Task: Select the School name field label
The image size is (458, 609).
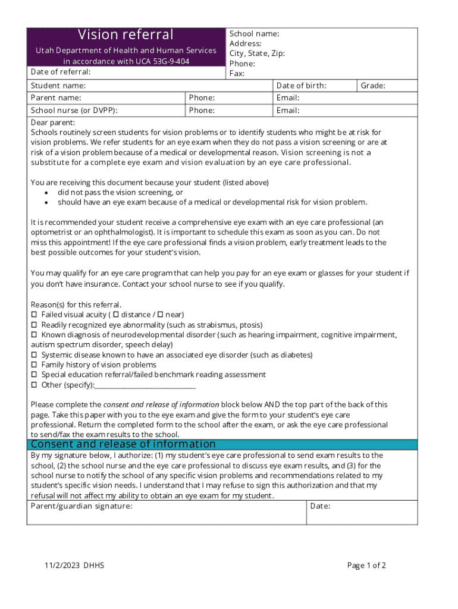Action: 254,34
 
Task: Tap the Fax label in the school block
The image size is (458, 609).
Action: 237,74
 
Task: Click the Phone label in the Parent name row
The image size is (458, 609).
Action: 202,98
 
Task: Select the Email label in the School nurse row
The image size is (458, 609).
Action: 288,111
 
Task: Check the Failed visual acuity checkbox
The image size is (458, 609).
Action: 34,314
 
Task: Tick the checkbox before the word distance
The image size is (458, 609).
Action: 116,314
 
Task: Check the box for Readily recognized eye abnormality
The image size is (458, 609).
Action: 34,325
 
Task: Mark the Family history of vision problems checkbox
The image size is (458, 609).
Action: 34,365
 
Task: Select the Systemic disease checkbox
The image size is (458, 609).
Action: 34,354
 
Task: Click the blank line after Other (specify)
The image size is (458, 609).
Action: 145,385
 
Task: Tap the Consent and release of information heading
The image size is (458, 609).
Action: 123,444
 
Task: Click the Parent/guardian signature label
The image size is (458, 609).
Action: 81,506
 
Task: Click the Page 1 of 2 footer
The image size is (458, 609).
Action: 366,566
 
